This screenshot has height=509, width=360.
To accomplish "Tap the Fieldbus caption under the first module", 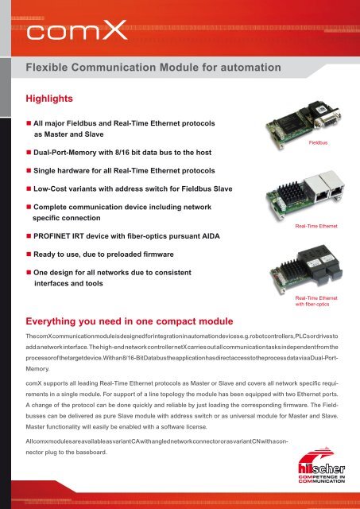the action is click(317, 143).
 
